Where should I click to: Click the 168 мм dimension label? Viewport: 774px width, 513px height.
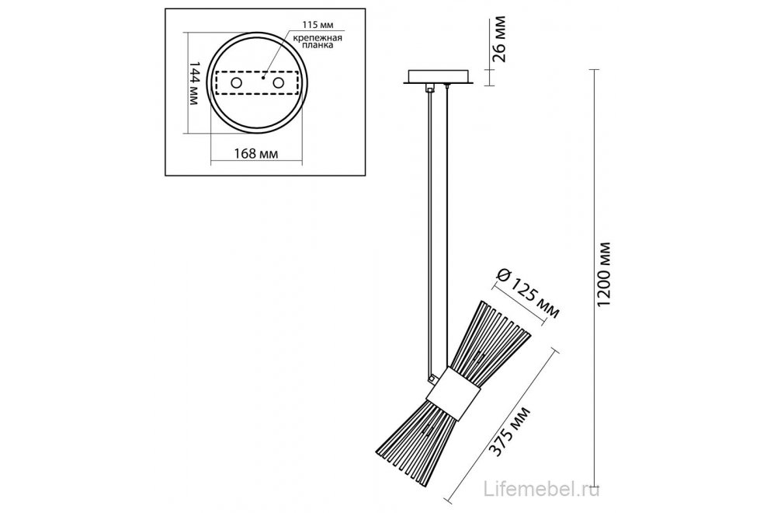click(x=255, y=154)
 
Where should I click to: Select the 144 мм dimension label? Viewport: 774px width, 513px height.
click(x=194, y=83)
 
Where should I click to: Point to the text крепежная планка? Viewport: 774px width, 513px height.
click(x=318, y=41)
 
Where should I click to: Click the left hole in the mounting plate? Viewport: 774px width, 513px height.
click(x=237, y=83)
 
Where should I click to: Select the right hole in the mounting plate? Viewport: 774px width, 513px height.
click(x=279, y=83)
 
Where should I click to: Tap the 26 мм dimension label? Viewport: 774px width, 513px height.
click(x=500, y=39)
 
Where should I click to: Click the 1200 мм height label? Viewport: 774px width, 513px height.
click(x=605, y=274)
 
